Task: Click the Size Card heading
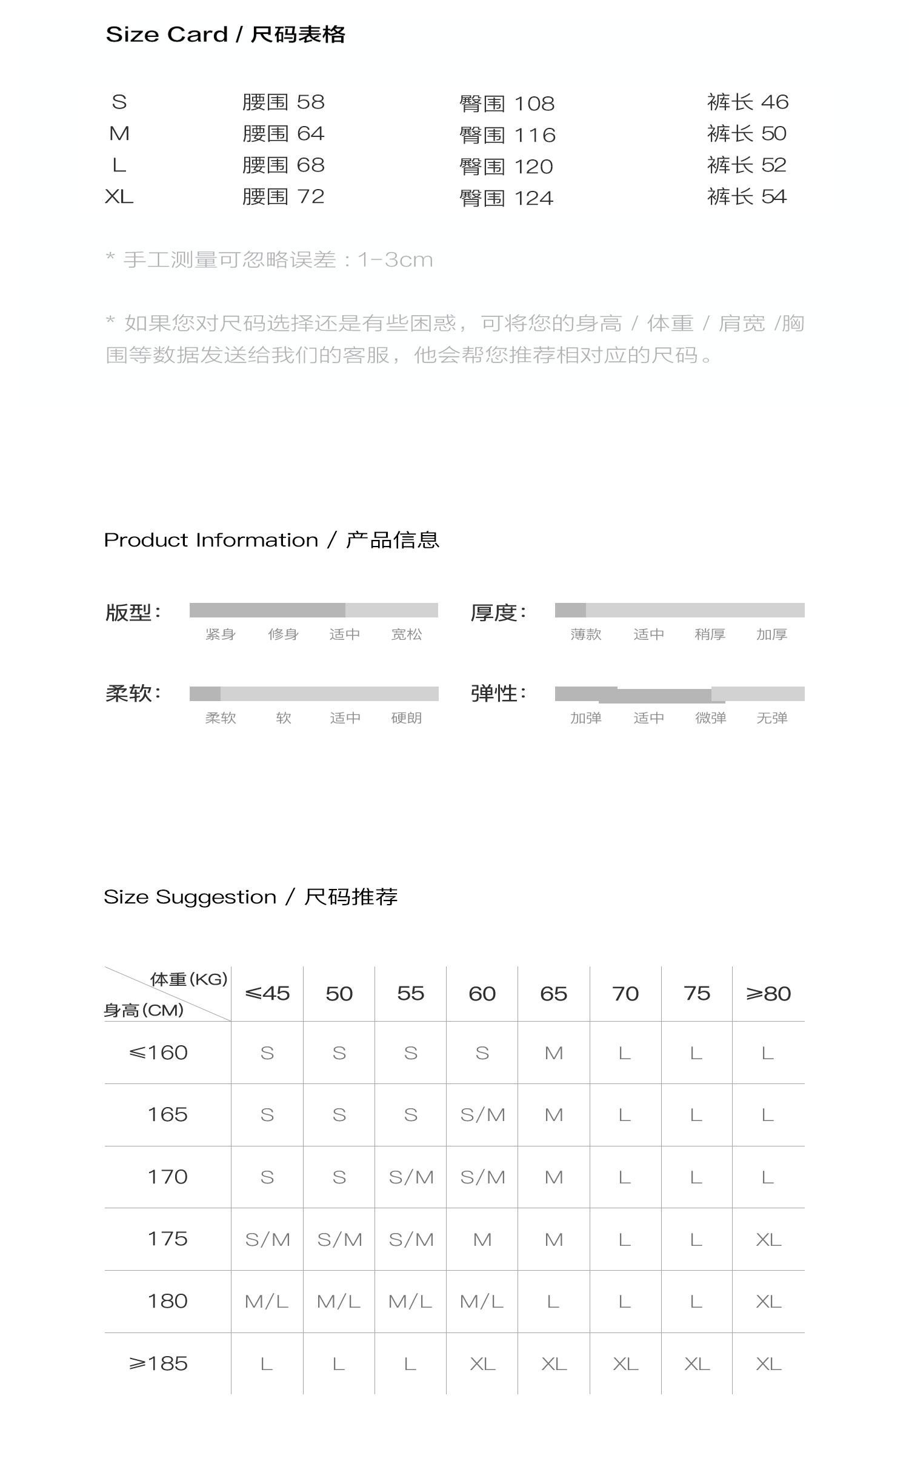(225, 35)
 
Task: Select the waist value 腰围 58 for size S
(283, 102)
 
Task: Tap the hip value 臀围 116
(507, 135)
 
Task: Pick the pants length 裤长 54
(747, 196)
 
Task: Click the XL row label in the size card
(119, 196)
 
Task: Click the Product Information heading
(271, 540)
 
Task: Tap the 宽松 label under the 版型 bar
(406, 634)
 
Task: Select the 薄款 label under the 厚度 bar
(585, 634)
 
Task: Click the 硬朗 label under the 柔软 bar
(406, 718)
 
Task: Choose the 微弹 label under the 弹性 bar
(710, 718)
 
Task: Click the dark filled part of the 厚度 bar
(570, 610)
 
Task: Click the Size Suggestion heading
(250, 897)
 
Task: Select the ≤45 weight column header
(267, 994)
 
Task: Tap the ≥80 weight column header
(768, 994)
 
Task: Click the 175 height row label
(168, 1239)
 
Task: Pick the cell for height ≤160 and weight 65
(554, 1053)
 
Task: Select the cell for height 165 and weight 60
(482, 1115)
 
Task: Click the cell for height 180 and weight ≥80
(768, 1302)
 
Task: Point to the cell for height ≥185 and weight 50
(339, 1364)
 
